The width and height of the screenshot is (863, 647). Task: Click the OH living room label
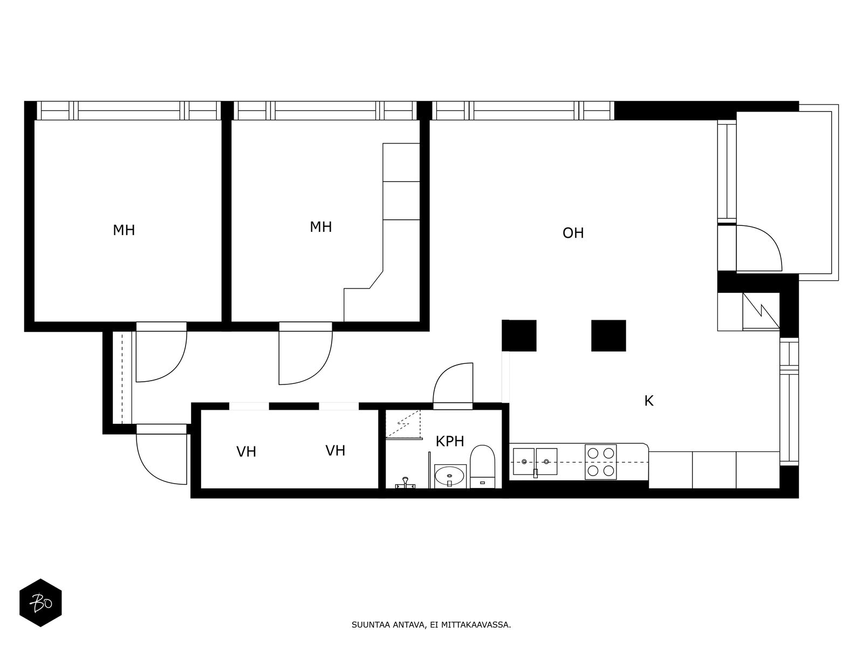[x=573, y=233]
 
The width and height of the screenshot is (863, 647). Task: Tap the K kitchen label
[x=649, y=401]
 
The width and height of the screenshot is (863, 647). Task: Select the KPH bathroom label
[x=450, y=441]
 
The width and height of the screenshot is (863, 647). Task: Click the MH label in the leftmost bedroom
[x=124, y=230]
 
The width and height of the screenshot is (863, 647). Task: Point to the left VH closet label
[x=246, y=452]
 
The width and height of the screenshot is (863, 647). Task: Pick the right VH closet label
[x=335, y=451]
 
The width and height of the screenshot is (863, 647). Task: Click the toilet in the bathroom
[x=483, y=466]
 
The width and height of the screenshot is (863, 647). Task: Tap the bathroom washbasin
[x=450, y=476]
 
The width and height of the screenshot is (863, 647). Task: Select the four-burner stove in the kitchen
[x=600, y=462]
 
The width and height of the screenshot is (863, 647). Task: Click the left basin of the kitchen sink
[x=524, y=462]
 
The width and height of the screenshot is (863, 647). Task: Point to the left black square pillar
[x=519, y=335]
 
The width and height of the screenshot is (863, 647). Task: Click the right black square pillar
[x=608, y=335]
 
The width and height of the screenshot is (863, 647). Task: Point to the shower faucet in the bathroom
[x=405, y=483]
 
